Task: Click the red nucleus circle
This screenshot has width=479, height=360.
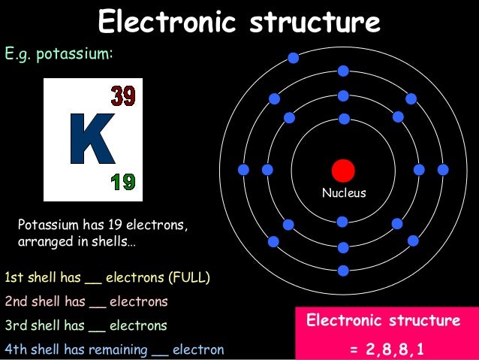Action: click(x=343, y=170)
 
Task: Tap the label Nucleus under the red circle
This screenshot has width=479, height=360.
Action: click(x=344, y=193)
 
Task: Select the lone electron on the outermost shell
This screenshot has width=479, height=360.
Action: click(x=293, y=57)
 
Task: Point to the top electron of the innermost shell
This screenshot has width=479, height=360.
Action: click(x=344, y=119)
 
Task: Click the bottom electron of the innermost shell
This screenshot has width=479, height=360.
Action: click(x=342, y=222)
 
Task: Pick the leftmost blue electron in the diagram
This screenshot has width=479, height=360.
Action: click(x=243, y=170)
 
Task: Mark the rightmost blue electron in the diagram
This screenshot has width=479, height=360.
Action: click(x=443, y=170)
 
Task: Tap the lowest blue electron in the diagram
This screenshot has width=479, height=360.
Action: click(x=343, y=271)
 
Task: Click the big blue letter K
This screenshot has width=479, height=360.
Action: click(x=92, y=139)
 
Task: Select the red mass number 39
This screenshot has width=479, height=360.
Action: click(x=123, y=95)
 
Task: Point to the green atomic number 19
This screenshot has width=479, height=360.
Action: click(x=122, y=181)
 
